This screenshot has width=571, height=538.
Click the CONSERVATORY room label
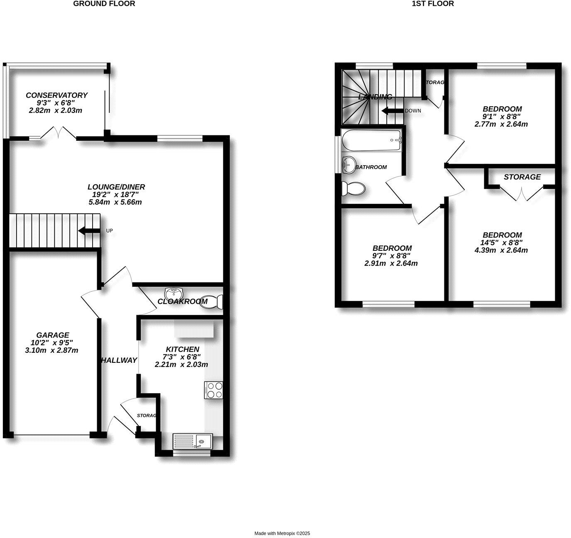[x=56, y=95]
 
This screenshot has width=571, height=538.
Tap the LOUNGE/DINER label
[x=116, y=187]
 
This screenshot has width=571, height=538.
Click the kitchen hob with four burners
[x=213, y=390]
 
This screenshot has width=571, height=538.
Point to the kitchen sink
[x=192, y=441]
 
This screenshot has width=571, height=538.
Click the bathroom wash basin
[x=348, y=164]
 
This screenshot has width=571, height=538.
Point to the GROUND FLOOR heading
[x=104, y=4]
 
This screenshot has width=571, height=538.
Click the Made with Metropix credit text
[x=282, y=533]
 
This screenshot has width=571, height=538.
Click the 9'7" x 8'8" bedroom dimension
[x=391, y=256]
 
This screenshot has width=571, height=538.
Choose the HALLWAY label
[x=119, y=360]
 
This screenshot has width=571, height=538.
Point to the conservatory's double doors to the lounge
[x=59, y=133]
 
